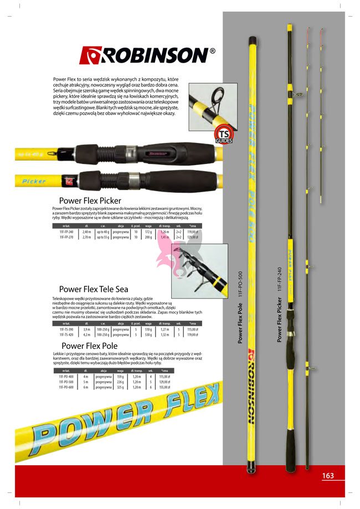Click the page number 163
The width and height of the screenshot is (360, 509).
(328, 475)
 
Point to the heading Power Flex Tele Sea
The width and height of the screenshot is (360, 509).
(94, 289)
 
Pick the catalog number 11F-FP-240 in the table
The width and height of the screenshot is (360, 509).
(66, 233)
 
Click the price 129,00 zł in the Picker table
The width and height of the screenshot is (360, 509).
(192, 238)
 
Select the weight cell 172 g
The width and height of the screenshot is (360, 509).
(148, 233)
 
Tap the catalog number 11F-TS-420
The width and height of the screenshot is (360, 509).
(66, 335)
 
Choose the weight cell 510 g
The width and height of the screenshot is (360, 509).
(148, 330)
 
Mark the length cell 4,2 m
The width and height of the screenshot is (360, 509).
(86, 335)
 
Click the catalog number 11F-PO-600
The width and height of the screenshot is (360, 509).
(66, 387)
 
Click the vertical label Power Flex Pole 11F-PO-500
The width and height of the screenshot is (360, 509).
(240, 307)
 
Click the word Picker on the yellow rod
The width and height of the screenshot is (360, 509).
(34, 181)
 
